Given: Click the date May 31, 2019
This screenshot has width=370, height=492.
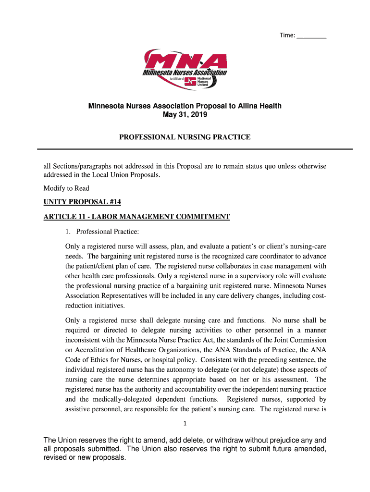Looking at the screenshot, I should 185,115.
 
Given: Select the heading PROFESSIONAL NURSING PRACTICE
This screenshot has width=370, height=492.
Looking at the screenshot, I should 185,137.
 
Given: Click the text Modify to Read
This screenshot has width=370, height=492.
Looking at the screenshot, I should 66,188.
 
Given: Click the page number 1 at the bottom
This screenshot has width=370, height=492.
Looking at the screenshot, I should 185,423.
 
